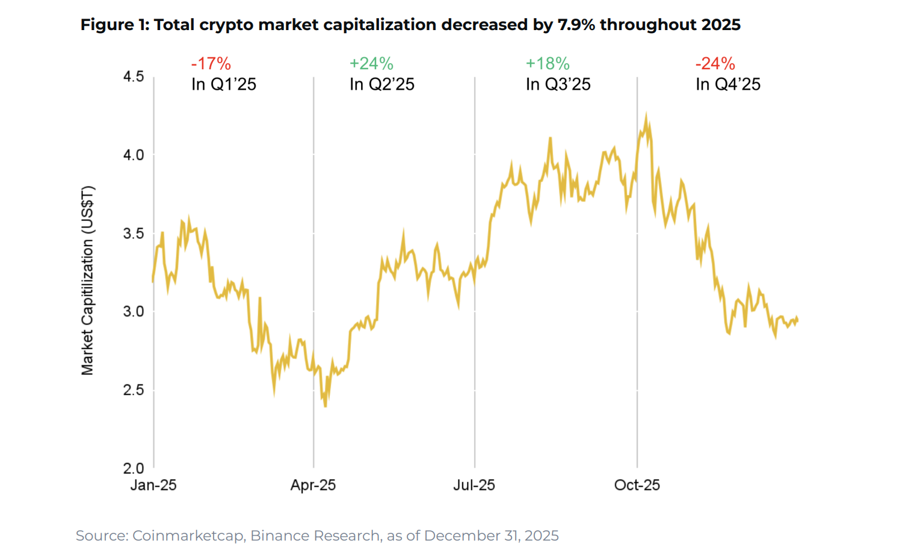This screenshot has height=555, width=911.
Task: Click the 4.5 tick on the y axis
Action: pos(133,76)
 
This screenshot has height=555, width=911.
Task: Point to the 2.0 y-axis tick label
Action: pos(133,468)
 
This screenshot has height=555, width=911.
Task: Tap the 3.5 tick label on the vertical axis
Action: pos(133,234)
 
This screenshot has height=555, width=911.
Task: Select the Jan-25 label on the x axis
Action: pos(153,485)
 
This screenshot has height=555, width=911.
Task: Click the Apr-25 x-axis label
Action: pos(313,485)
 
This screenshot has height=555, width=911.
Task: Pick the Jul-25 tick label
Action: pos(474,485)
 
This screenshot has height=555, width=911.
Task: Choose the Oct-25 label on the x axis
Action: pos(637,485)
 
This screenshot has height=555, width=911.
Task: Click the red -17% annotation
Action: pos(211,63)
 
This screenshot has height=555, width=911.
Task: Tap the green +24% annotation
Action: pos(371,63)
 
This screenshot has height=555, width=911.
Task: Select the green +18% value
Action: pos(548,63)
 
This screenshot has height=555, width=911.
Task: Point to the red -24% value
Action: pos(715,63)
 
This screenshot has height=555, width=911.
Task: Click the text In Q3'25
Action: pos(558,84)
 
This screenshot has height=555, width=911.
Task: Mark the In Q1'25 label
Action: pos(223,84)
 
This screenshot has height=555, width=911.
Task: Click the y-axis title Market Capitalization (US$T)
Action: pos(88,281)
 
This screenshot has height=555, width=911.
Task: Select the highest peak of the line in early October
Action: pos(646,114)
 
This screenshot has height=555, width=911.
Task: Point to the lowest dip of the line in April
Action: pos(326,406)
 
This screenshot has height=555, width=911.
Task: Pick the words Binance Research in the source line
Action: pos(315,536)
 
